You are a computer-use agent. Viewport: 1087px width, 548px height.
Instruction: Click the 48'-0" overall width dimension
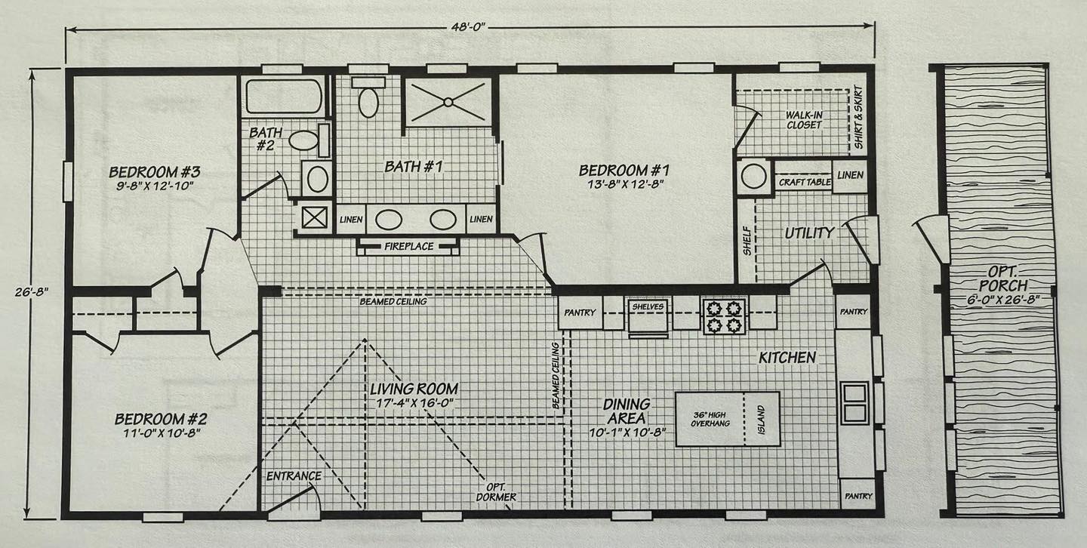(467, 27)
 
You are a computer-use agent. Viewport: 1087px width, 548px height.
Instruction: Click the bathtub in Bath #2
(283, 97)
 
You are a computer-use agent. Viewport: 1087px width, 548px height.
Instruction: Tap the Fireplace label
(408, 246)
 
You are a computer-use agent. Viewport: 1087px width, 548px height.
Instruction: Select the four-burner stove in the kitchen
(724, 316)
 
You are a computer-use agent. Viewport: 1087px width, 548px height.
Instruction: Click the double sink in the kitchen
(855, 403)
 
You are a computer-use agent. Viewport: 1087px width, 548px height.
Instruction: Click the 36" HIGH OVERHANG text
(710, 419)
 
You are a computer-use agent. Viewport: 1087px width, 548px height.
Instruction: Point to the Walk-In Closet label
(804, 120)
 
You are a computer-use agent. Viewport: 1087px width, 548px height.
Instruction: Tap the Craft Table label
(804, 182)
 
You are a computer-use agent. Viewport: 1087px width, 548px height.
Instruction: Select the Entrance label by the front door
(294, 476)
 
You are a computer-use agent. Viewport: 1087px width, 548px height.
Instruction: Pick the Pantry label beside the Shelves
(580, 312)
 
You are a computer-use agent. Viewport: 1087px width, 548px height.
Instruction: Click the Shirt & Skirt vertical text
(858, 118)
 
